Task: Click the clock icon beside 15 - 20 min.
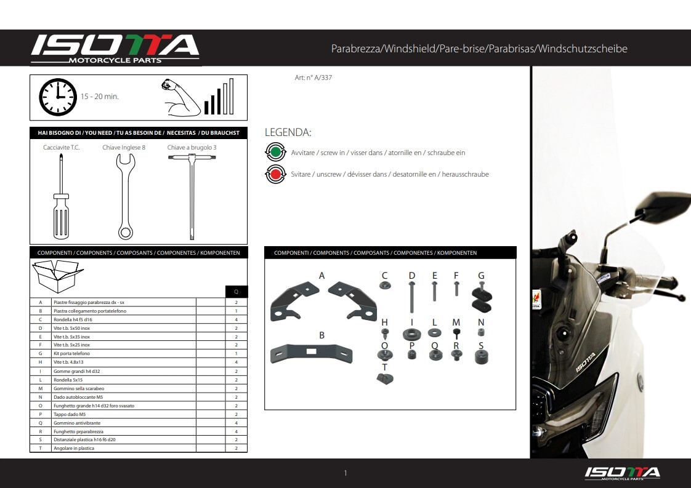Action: (x=58, y=97)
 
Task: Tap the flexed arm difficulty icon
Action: (x=180, y=97)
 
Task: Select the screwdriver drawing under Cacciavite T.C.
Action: (x=61, y=196)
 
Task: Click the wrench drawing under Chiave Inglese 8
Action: (x=126, y=196)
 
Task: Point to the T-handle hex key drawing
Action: (x=192, y=196)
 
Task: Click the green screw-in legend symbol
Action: (x=275, y=153)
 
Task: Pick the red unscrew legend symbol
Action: (x=275, y=174)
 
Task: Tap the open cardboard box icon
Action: (x=58, y=276)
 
